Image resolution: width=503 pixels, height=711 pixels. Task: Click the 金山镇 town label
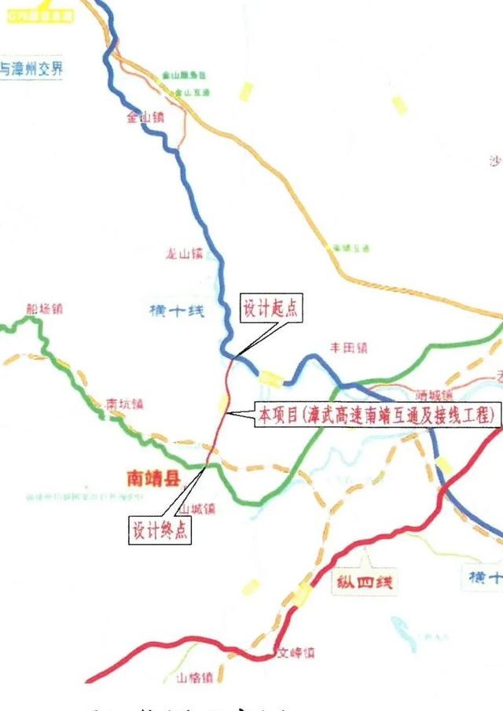145,118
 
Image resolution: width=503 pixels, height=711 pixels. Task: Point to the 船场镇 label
43,308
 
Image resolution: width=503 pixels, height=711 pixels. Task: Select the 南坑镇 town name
125,404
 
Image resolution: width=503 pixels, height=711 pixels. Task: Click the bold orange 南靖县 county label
153,477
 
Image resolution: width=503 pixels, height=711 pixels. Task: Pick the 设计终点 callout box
159,530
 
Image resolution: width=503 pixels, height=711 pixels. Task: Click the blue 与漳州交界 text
31,68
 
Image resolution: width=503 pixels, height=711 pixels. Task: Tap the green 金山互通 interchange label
192,92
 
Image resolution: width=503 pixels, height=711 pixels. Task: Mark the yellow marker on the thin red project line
222,404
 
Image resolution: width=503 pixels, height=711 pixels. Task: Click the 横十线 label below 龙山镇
176,311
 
